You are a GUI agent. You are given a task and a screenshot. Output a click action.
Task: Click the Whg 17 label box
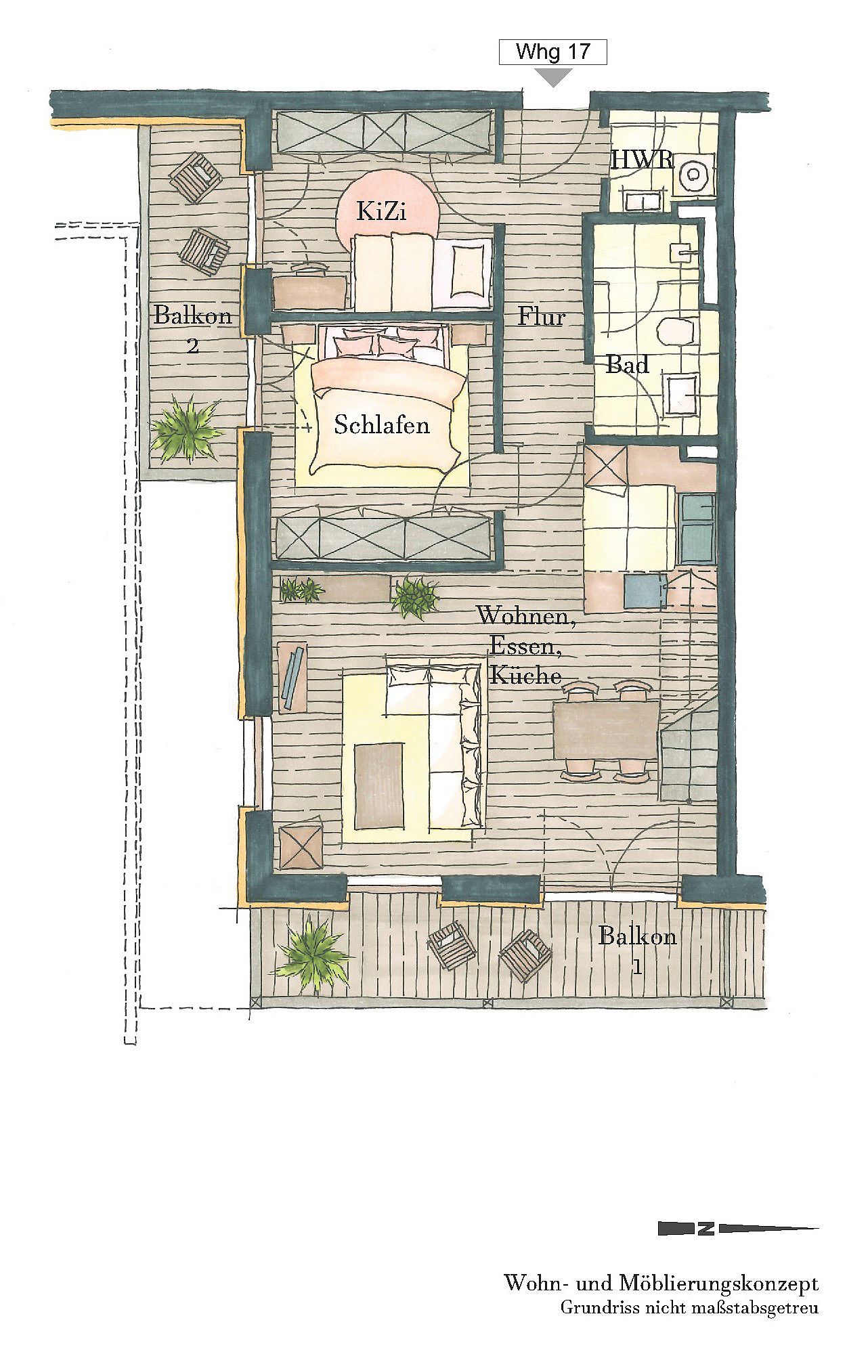click(x=552, y=52)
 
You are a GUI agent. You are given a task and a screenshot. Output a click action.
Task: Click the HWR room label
click(x=642, y=160)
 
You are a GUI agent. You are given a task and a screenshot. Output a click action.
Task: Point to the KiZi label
click(x=382, y=212)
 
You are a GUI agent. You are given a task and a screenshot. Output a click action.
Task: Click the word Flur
click(x=542, y=315)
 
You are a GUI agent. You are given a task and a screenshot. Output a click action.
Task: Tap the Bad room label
click(x=627, y=365)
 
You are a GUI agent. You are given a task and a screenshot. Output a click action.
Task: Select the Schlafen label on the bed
click(x=382, y=424)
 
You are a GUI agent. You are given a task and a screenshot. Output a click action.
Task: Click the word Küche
click(x=525, y=675)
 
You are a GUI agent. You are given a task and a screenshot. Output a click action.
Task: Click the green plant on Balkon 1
click(x=313, y=954)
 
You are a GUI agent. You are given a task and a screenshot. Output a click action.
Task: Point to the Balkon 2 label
click(x=193, y=328)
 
